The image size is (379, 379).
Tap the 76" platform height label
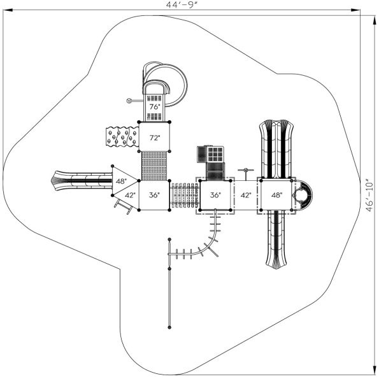click(x=155, y=107)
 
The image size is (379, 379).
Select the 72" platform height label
click(x=155, y=138)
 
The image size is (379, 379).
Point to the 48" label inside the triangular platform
click(x=121, y=182)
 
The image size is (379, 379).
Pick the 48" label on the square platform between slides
click(x=276, y=195)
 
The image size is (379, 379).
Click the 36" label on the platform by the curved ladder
click(x=215, y=195)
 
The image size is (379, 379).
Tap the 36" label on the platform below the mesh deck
click(x=154, y=195)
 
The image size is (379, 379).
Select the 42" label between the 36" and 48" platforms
click(x=246, y=195)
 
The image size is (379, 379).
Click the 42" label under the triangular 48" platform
click(x=130, y=195)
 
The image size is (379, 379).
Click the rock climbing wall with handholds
click(x=121, y=137)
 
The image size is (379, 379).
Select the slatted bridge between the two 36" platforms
click(x=184, y=195)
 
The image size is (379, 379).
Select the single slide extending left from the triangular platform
click(x=80, y=180)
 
